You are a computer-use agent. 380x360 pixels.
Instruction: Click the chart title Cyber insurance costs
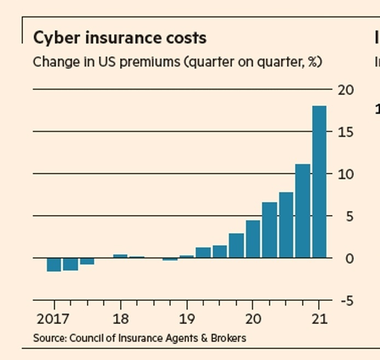point(119,38)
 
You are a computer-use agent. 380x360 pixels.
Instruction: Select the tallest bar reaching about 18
point(319,181)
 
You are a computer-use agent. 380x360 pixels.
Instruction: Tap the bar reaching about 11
point(303,211)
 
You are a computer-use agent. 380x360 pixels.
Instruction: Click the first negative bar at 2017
point(54,264)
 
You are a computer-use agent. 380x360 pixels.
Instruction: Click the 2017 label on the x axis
point(54,319)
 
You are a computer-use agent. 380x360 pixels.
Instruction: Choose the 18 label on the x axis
point(120,319)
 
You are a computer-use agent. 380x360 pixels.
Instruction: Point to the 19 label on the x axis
point(187,319)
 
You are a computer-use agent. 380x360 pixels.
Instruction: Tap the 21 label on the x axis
point(319,319)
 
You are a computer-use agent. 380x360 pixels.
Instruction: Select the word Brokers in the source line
point(229,338)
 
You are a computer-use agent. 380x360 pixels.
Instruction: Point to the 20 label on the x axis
point(252,319)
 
